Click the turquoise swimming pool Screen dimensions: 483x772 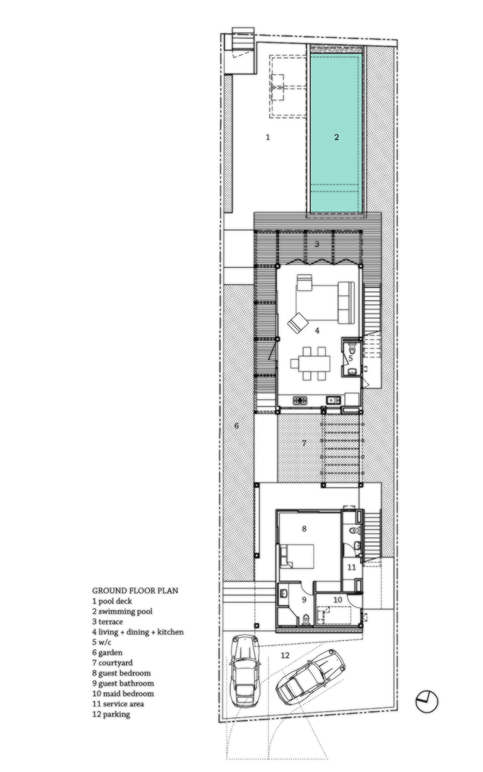tap(337, 133)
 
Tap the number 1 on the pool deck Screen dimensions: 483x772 tap(267, 137)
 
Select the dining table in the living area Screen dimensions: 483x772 tap(311, 364)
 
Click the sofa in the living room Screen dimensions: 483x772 tap(346, 303)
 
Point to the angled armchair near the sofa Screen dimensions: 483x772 tap(298, 323)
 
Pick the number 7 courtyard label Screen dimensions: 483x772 tap(304, 443)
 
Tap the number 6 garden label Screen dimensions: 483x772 tap(236, 425)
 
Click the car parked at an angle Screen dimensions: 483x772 tap(310, 676)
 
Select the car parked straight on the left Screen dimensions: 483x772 tap(244, 670)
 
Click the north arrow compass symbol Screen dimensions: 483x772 tap(427, 701)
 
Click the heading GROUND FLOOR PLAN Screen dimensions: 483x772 tap(135, 591)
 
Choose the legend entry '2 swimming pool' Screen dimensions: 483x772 tap(122, 611)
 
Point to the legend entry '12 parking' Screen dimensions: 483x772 tap(111, 714)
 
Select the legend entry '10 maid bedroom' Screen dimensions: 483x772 tap(123, 693)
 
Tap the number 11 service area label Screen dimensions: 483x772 tap(352, 567)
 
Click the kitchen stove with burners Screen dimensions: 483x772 tap(300, 400)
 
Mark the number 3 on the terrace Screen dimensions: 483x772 tap(317, 244)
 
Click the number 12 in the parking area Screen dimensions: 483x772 tap(285, 655)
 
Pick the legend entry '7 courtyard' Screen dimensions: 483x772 tap(112, 662)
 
